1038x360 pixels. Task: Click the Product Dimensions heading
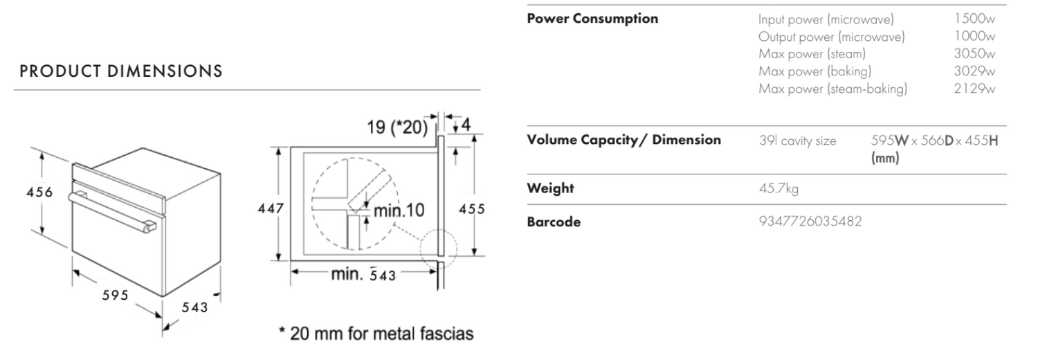[x=121, y=71]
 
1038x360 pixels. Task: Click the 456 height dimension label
[x=40, y=192]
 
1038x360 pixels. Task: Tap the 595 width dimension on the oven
[x=116, y=295]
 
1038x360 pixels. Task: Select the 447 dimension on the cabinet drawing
[x=271, y=208]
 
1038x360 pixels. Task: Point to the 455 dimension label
[x=472, y=209]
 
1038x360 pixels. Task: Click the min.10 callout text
[x=399, y=210]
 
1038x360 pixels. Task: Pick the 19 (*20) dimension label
[x=397, y=127]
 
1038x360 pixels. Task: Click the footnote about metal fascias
[x=376, y=334]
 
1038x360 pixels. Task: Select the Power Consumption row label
[x=592, y=19]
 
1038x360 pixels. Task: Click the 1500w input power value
[x=975, y=19]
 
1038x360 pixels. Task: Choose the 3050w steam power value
[x=974, y=54]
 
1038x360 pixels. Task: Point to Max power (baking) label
[x=815, y=71]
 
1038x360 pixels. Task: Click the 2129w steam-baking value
[x=974, y=89]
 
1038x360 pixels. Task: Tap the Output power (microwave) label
[x=831, y=37]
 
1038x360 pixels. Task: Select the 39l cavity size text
[x=797, y=141]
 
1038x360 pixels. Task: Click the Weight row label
[x=551, y=188]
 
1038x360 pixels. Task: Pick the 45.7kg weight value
[x=778, y=188]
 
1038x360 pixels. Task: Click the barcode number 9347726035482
[x=810, y=222]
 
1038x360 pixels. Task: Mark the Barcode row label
[x=554, y=222]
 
